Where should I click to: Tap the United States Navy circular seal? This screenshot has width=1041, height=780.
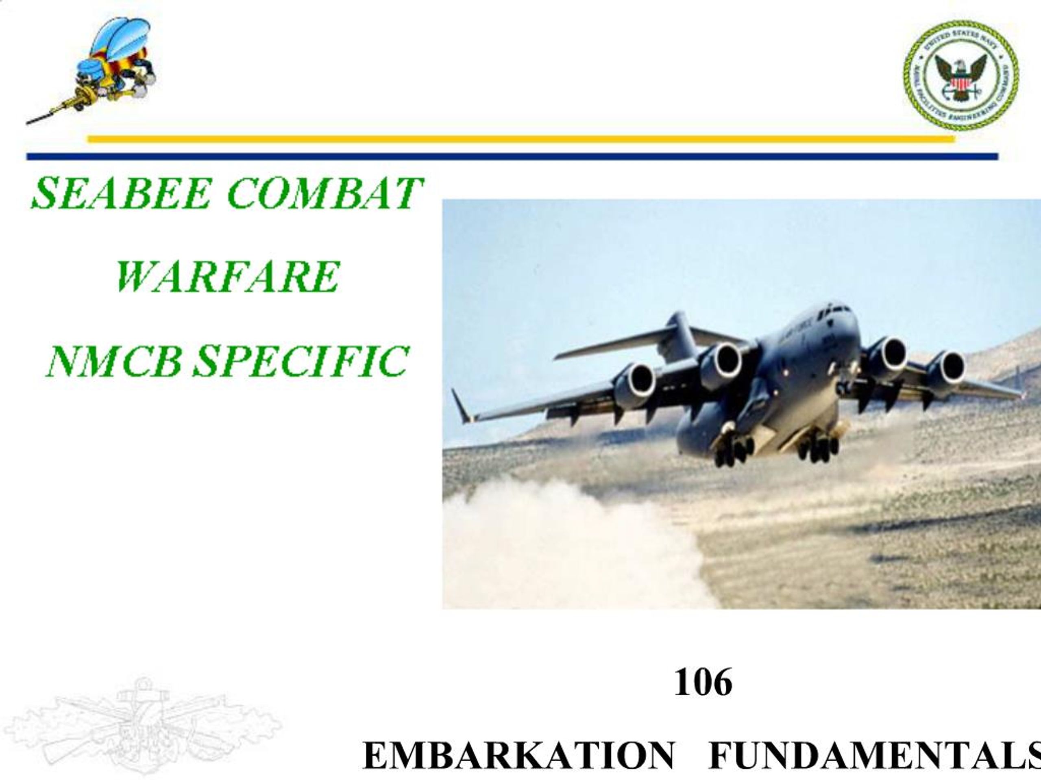[x=960, y=75]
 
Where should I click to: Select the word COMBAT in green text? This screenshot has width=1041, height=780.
[x=325, y=193]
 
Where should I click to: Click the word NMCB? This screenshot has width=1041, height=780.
[x=113, y=361]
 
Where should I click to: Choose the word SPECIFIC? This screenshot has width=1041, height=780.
[x=301, y=361]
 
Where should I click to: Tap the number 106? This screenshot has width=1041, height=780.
[x=703, y=682]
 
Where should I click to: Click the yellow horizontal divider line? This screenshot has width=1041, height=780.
[x=518, y=139]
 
